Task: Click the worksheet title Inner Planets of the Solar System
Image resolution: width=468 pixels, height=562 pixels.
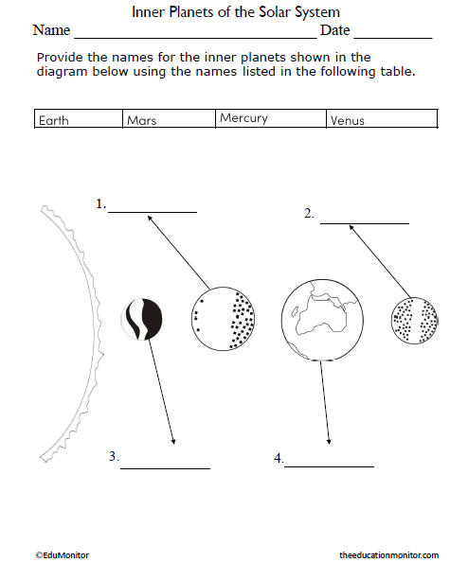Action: point(235,12)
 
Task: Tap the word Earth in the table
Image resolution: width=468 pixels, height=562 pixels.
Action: point(53,120)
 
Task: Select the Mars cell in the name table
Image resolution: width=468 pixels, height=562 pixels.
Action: point(141,120)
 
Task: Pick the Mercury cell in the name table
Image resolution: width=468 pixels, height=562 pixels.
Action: point(243,118)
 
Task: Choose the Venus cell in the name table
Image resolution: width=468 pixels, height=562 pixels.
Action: point(348,120)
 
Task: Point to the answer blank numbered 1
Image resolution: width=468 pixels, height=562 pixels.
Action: point(153,210)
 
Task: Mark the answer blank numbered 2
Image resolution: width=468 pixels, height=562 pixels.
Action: point(364,221)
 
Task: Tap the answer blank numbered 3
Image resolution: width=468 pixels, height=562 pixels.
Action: point(165,466)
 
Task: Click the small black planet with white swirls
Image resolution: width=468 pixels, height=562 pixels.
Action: point(141,319)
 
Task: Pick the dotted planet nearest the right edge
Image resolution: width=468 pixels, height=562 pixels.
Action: point(415,320)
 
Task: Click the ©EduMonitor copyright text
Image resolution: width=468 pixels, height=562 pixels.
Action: point(62,553)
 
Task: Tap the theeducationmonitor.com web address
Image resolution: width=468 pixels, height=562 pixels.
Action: point(388,553)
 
